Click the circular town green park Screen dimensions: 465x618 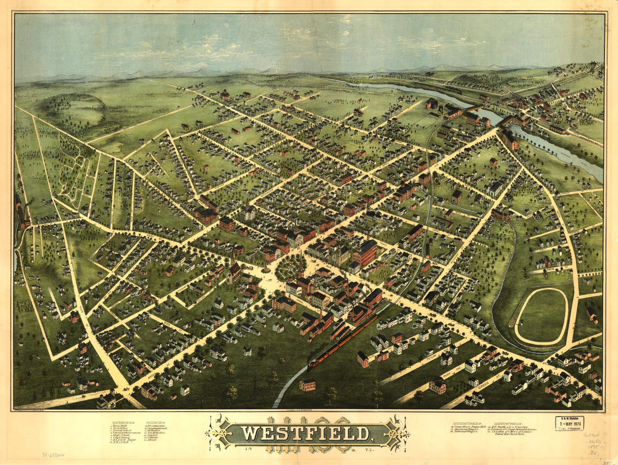[x=290, y=266]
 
